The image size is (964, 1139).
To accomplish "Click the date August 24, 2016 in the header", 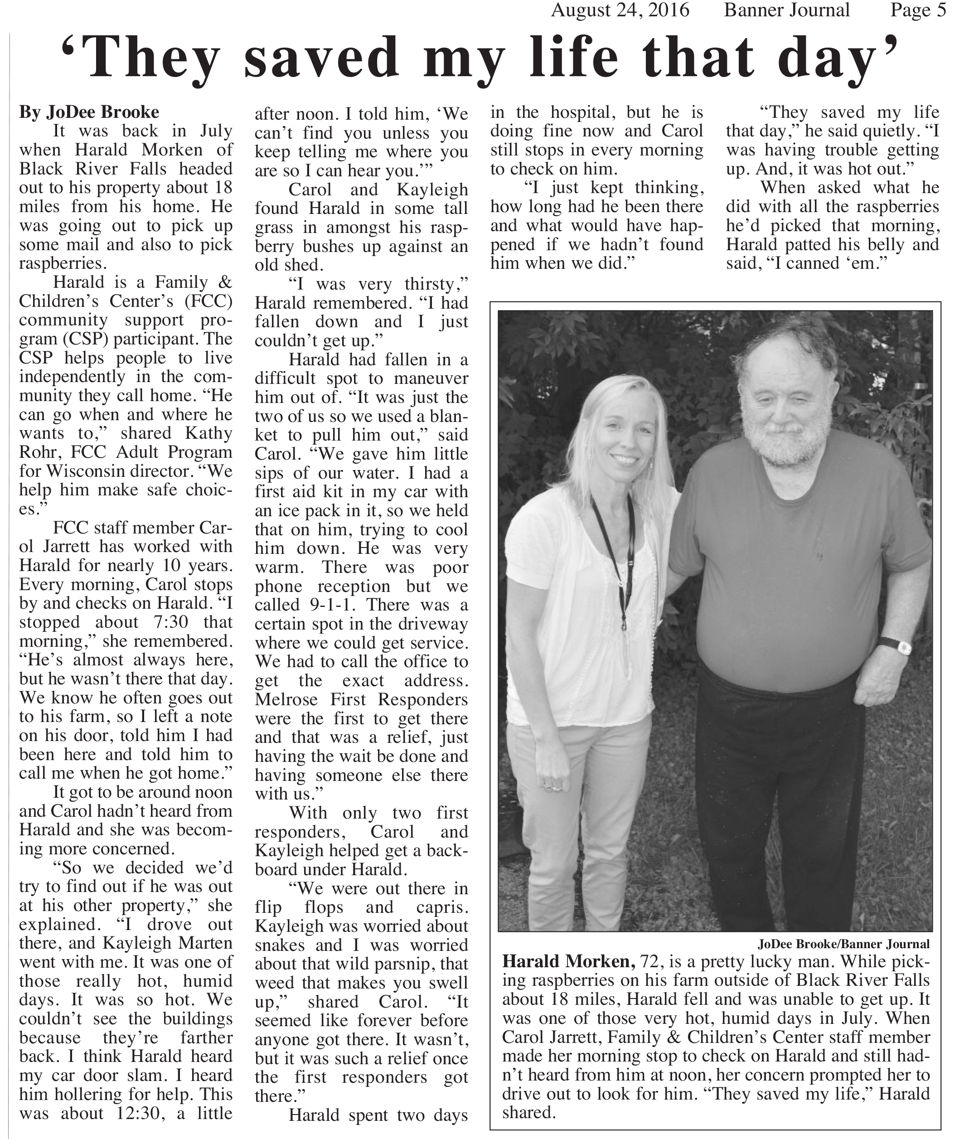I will point(620,10).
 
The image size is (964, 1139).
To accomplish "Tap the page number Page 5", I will point(918,10).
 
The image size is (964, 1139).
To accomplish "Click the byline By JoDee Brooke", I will point(89,112).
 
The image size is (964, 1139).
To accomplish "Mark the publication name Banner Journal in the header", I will point(786,10).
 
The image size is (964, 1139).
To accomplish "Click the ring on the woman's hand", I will point(555,788).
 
